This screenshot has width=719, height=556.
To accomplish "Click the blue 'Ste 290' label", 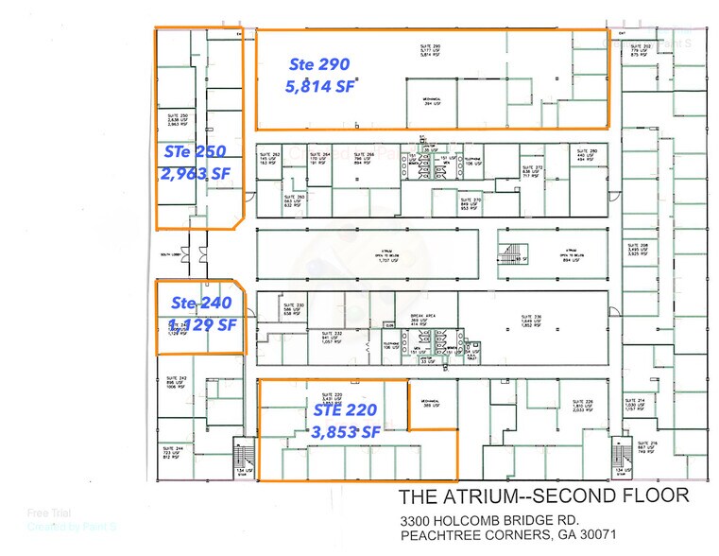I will pos(318,64).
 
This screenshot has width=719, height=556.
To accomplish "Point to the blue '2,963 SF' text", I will pos(196,173).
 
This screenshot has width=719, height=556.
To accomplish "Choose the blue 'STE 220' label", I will pos(345,409).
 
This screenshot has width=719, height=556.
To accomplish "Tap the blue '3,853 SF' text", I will pos(345,431).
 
